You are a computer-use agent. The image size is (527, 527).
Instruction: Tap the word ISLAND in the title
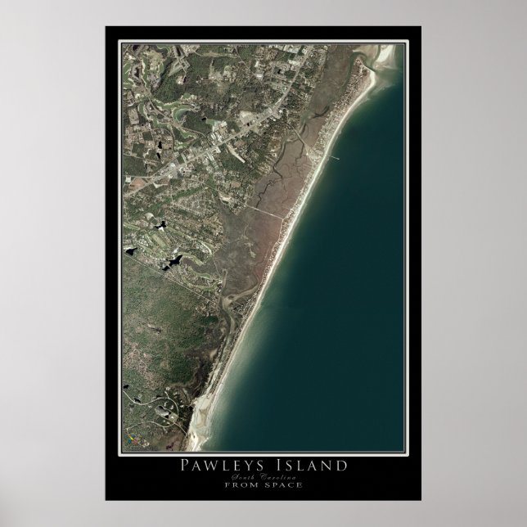click(315, 466)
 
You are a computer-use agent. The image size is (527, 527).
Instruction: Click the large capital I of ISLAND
click(287, 466)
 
